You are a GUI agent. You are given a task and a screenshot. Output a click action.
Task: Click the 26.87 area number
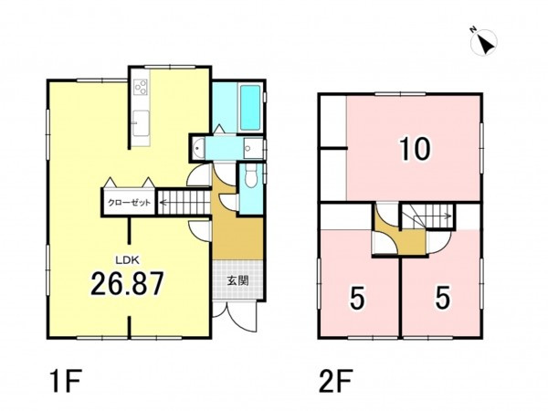pyautogui.click(x=127, y=283)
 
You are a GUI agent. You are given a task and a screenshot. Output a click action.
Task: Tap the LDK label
pyautogui.click(x=128, y=259)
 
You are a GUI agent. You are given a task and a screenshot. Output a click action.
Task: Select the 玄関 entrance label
pyautogui.click(x=238, y=280)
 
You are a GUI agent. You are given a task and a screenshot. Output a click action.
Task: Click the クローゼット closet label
pyautogui.click(x=129, y=203)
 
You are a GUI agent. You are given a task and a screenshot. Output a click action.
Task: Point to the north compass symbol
pyautogui.click(x=484, y=42)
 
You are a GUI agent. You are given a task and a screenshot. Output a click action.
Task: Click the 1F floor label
pyautogui.click(x=66, y=382)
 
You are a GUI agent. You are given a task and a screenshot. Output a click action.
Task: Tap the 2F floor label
pyautogui.click(x=336, y=382)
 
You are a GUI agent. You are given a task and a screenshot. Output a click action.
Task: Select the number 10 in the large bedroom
pyautogui.click(x=416, y=149)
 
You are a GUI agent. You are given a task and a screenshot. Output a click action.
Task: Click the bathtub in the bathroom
pyautogui.click(x=250, y=108)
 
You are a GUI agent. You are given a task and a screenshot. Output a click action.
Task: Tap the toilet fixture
pyautogui.click(x=251, y=176)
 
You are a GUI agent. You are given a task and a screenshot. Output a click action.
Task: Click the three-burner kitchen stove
pyautogui.click(x=141, y=88)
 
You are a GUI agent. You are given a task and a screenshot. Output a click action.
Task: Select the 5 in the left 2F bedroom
pyautogui.click(x=357, y=300)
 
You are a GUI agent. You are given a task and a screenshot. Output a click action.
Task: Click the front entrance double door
pyautogui.click(x=235, y=315)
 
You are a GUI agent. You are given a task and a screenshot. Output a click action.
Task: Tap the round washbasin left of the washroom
pyautogui.click(x=198, y=148)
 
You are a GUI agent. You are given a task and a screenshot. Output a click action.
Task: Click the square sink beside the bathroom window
pyautogui.click(x=253, y=148)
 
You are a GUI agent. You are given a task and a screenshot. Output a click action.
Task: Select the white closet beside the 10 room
pyautogui.click(x=333, y=148)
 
